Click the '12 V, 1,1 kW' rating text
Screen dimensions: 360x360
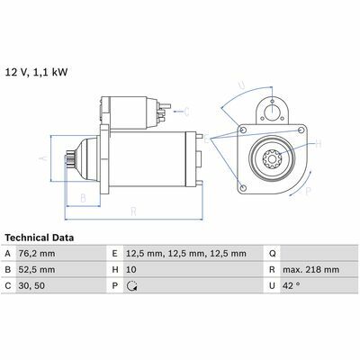[36, 73]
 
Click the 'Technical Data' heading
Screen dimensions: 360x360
[40, 238]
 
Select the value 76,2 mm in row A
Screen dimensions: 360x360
[37, 254]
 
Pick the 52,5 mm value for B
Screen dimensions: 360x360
[37, 270]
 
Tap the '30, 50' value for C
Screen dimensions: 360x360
[31, 285]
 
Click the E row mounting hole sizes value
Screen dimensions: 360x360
[186, 254]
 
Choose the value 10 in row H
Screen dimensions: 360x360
[131, 270]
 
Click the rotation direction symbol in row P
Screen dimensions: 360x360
[132, 286]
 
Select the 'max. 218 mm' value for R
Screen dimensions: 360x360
[310, 270]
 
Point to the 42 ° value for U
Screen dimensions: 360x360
[291, 285]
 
